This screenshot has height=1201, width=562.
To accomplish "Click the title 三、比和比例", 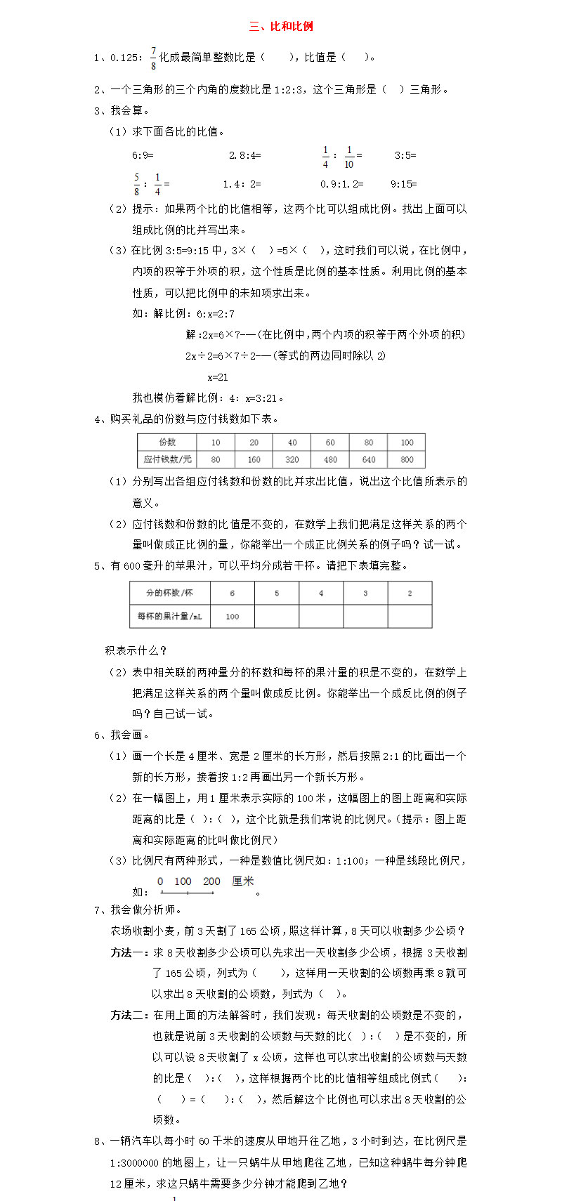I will click(x=281, y=27).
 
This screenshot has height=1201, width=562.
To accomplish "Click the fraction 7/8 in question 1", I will click(x=154, y=58).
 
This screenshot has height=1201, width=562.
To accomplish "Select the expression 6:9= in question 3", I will click(x=143, y=155).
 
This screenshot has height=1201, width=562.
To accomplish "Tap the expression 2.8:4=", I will click(x=244, y=155).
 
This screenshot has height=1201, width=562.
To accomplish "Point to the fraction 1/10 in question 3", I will click(x=349, y=157).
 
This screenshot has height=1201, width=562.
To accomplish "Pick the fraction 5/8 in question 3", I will click(x=137, y=184).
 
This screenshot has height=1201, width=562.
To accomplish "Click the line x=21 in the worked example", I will click(x=218, y=377).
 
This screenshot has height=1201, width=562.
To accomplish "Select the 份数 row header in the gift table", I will click(x=167, y=442).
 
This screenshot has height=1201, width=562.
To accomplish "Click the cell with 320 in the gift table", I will click(x=292, y=459).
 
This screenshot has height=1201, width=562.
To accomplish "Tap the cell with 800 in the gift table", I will click(x=407, y=459).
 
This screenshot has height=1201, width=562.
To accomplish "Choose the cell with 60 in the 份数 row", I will click(x=330, y=442).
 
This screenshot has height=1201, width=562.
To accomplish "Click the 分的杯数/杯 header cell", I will click(x=169, y=593).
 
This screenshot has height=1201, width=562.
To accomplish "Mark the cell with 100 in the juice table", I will click(x=233, y=616).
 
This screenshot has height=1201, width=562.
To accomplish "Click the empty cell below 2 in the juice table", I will click(x=410, y=616).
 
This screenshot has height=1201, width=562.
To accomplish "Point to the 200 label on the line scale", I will click(x=211, y=881).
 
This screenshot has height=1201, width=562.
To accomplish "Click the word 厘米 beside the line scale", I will click(x=243, y=881).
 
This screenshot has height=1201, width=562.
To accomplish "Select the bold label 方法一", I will click(x=129, y=953).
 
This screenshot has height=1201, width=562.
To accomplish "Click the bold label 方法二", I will click(x=129, y=1016).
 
